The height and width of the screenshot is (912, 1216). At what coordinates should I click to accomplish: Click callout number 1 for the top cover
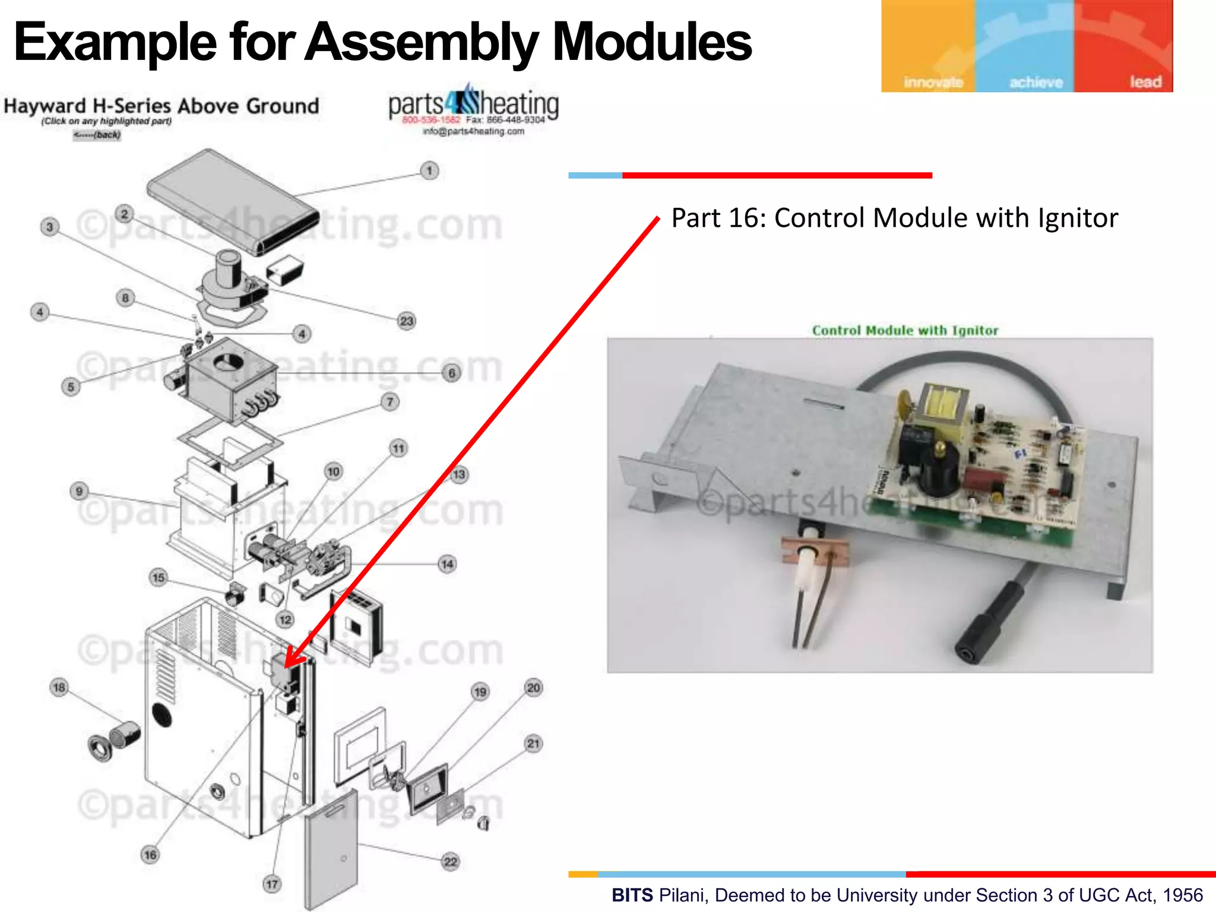tap(429, 171)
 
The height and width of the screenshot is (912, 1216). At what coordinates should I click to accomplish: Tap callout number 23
tap(406, 321)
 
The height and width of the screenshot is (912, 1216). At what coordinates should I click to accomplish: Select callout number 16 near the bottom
tap(150, 855)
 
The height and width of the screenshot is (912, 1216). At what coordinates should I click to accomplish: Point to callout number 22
tap(451, 862)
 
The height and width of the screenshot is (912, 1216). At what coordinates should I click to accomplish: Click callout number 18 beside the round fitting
tap(59, 688)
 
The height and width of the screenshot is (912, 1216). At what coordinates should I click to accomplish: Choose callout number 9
tap(79, 491)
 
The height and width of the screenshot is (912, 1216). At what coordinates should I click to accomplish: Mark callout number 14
tap(447, 564)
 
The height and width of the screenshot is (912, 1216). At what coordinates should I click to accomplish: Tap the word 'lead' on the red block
tap(1145, 82)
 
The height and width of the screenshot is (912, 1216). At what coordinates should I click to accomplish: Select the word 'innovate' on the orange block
tap(933, 83)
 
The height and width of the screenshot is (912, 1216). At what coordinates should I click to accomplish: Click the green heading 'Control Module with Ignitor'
tap(905, 330)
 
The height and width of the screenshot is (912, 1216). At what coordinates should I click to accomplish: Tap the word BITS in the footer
tap(632, 895)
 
